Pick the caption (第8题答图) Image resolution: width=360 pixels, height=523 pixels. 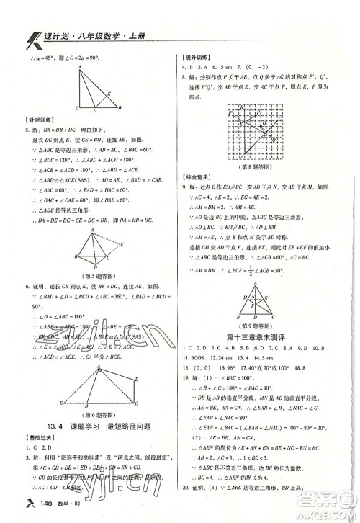point(256,157)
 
